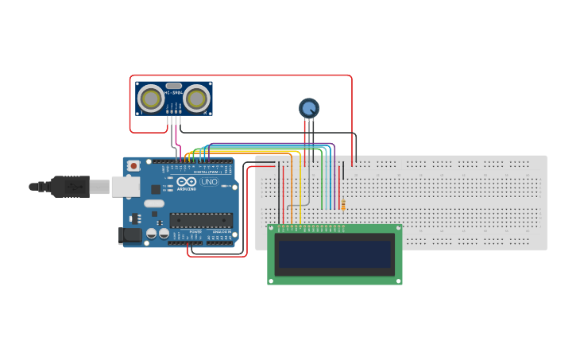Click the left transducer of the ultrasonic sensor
[150, 98]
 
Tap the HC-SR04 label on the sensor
[173, 93]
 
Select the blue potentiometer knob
[308, 107]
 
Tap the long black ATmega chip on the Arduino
[200, 220]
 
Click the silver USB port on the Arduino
[122, 186]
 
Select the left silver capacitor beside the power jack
[150, 234]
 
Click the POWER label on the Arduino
[195, 231]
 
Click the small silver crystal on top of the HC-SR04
[173, 85]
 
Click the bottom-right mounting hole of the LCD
[398, 280]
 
